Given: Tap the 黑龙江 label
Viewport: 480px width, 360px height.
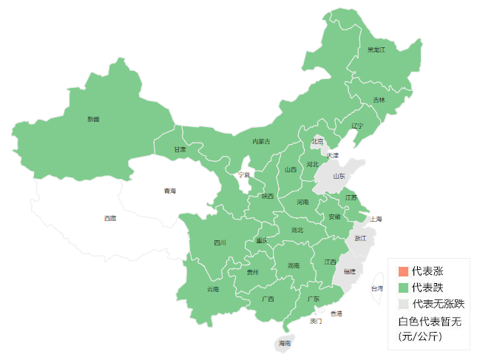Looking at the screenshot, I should (376, 50).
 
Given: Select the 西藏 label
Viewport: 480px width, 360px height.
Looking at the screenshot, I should (109, 218).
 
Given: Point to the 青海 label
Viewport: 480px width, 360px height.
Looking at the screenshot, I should (170, 191).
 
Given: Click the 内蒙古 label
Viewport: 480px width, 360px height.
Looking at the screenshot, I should (261, 141).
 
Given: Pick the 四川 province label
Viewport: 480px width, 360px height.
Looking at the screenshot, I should (220, 242).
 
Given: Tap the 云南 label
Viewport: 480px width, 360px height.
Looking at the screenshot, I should (213, 288).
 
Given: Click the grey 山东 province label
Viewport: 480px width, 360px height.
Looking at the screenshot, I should (339, 176).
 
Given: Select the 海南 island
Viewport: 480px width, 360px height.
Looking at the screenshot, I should (284, 344).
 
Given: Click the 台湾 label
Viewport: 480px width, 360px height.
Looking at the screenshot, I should (376, 288).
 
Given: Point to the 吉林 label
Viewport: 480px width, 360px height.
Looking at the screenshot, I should (379, 100).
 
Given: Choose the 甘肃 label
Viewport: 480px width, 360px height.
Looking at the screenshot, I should (180, 149).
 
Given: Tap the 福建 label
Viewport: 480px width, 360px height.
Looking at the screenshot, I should (350, 271).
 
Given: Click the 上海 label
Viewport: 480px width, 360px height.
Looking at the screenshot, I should (376, 219).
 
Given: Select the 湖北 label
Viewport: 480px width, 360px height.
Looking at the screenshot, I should (297, 230).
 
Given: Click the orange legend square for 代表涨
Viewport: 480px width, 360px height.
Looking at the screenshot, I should (402, 271).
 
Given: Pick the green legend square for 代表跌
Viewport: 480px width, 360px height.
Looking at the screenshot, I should (402, 287).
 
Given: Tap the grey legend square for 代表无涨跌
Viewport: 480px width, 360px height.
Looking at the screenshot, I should (402, 304).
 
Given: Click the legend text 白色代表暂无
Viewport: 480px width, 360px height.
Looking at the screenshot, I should (430, 322).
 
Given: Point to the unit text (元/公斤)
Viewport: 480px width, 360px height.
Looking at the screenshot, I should (419, 336).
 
